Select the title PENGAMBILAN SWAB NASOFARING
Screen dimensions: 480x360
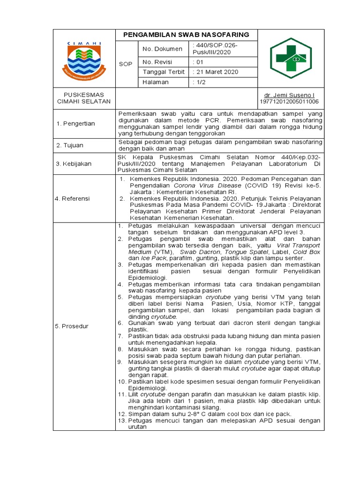coord(186,35)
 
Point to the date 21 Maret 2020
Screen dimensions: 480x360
coord(217,72)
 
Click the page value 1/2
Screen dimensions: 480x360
coord(200,82)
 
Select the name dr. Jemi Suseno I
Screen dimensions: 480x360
coord(289,95)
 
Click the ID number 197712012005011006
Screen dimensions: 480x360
coord(289,101)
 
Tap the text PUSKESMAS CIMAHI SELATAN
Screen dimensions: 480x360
coord(84,98)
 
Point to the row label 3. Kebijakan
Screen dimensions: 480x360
coord(74,164)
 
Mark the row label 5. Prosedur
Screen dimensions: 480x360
coord(73,326)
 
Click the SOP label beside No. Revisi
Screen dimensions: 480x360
coord(126,64)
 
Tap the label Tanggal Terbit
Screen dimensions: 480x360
coord(164,72)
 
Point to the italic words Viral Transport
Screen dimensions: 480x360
coord(298,245)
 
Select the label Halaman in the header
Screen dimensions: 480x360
coord(157,82)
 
